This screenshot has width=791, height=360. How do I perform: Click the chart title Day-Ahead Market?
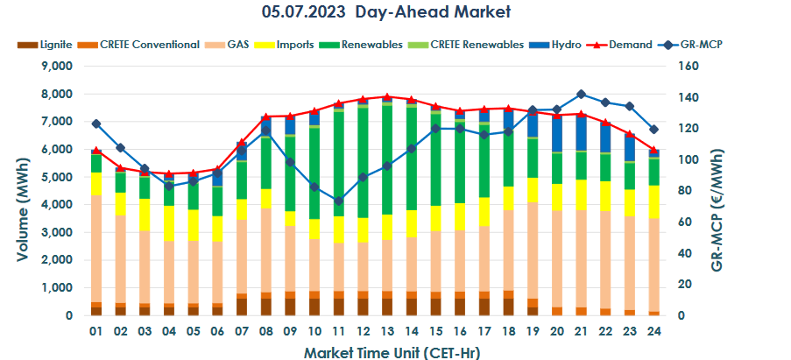tap(385, 12)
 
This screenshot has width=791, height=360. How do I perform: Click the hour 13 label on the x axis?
tap(385, 333)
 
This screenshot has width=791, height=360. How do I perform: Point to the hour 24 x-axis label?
tap(652, 333)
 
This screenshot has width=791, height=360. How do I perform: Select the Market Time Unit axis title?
tap(385, 352)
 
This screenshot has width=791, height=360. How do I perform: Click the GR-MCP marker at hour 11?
tap(338, 201)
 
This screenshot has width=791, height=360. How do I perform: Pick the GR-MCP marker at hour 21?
tap(580, 94)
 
